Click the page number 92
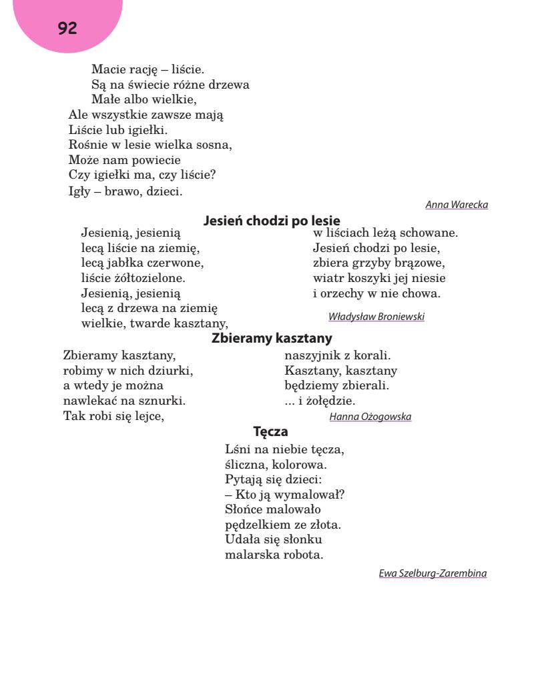pos(67,28)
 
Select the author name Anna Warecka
pos(457,205)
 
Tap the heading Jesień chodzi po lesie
pos(272,220)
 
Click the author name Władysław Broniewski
pos(376,317)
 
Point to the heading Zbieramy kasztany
pos(272,338)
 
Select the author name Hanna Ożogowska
pos(370,417)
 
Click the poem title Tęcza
pos(270,431)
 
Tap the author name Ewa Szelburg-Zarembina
pos(433,573)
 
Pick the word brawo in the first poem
pos(123,192)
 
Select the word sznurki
pos(162,401)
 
